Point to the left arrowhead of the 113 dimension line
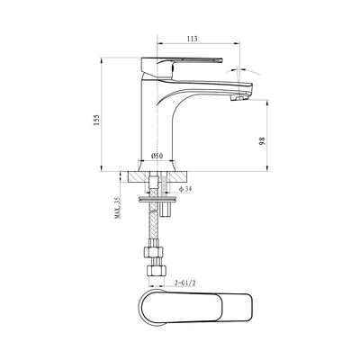(x=161, y=47)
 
